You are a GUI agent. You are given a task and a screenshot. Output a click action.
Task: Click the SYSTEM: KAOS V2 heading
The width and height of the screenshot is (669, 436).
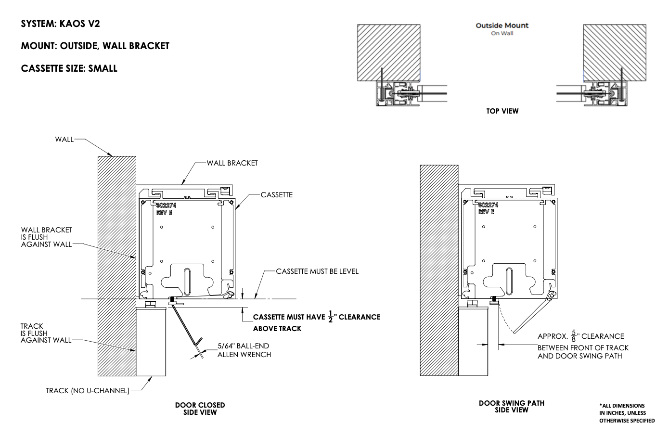(x=61, y=24)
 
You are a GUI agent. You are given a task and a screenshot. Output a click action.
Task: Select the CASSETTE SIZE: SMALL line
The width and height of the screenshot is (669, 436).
(x=69, y=68)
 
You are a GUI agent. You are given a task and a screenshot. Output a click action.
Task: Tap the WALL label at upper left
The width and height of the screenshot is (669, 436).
(x=64, y=140)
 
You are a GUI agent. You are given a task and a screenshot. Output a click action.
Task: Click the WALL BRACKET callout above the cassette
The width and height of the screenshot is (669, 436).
(x=232, y=163)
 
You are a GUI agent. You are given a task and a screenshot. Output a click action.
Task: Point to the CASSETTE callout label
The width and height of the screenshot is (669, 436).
(x=276, y=195)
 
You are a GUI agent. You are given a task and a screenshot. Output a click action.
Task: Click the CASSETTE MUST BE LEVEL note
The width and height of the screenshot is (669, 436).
(x=317, y=271)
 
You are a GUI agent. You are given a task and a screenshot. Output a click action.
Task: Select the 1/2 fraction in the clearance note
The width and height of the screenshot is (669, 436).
(x=330, y=317)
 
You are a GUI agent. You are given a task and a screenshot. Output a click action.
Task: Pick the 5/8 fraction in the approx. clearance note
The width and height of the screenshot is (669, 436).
(x=573, y=336)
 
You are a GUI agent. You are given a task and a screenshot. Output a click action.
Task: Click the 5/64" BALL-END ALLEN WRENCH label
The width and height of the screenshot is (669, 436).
(x=244, y=350)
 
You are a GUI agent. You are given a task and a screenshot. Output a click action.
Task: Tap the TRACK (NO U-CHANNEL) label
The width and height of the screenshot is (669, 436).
(x=88, y=391)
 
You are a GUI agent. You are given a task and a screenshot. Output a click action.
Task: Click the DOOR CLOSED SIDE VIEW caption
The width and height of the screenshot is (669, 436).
(x=200, y=409)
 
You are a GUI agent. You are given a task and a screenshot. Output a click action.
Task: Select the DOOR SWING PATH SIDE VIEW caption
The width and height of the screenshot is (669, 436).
(x=512, y=407)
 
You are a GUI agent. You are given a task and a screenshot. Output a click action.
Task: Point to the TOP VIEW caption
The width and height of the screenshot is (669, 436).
(x=502, y=111)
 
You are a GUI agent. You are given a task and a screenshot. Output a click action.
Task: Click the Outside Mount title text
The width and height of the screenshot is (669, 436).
(x=502, y=26)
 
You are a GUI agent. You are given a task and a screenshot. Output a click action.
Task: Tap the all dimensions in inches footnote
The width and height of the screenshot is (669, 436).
(x=627, y=413)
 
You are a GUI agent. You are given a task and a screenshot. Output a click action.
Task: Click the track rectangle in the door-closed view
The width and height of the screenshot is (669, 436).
(x=151, y=342)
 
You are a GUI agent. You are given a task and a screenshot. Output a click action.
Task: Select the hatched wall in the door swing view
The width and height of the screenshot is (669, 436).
(x=439, y=269)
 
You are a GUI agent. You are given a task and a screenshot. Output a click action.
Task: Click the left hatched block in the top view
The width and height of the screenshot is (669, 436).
(x=388, y=52)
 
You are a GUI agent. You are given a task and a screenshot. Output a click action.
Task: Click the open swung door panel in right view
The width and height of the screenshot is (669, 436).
(x=532, y=315)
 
